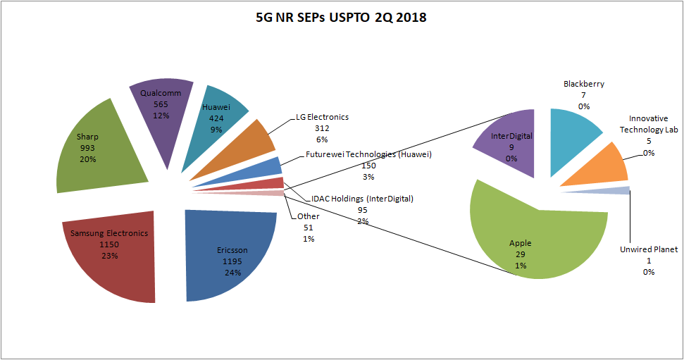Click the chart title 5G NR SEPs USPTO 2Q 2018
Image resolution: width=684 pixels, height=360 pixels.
341,18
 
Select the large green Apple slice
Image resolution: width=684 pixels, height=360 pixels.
521,232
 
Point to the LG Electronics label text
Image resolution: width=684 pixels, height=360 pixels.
322,117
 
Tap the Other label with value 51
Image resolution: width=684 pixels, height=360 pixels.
309,216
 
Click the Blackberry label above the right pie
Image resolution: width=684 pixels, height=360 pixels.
583,84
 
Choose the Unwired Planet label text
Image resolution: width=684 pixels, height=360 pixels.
648,249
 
